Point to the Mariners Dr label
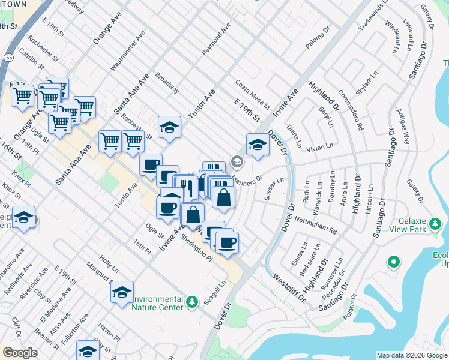(x=248, y=179)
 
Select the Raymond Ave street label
(x=216, y=40)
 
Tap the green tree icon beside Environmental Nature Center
(x=191, y=302)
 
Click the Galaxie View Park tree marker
(x=436, y=225)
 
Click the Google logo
(x=20, y=353)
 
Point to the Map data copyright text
(x=411, y=355)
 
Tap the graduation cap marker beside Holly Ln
(x=122, y=292)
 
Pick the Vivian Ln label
(x=319, y=147)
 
